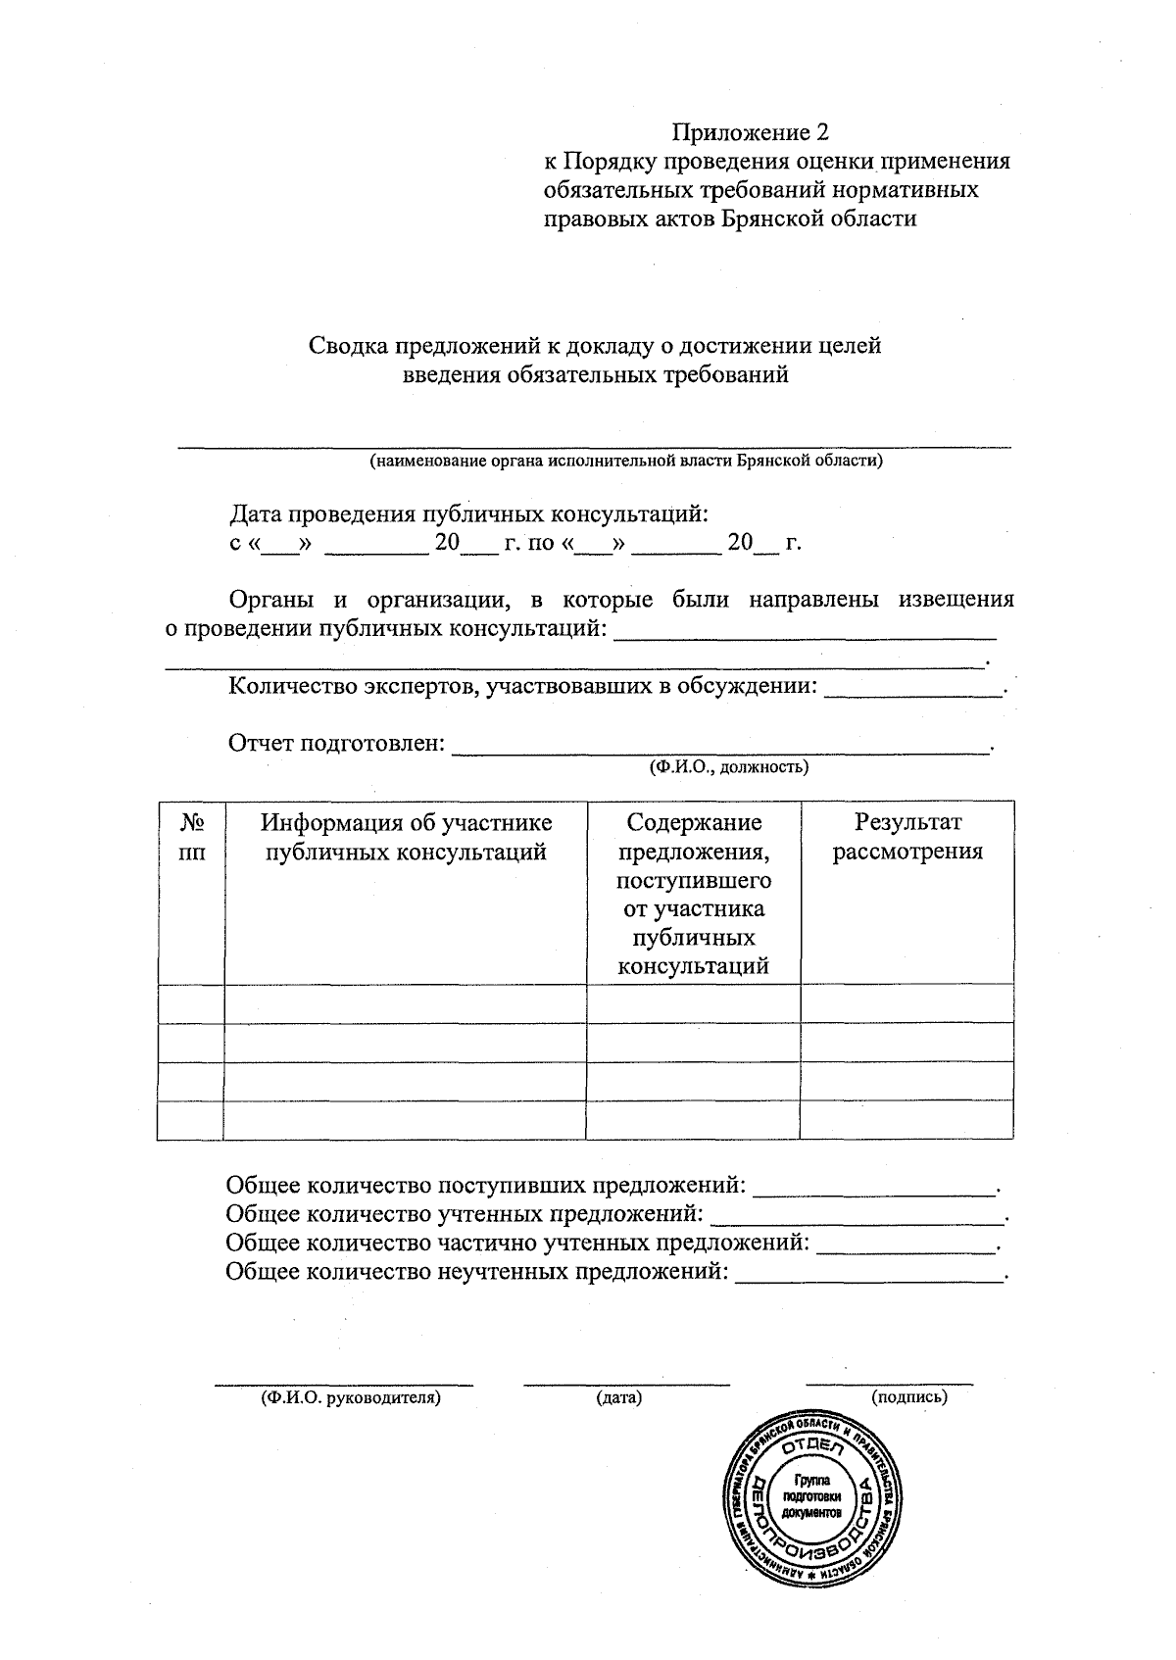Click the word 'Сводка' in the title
pyautogui.click(x=349, y=346)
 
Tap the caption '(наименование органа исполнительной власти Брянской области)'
pyautogui.click(x=625, y=462)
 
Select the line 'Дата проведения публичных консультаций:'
pyautogui.click(x=468, y=513)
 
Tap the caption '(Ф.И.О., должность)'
pyautogui.click(x=729, y=767)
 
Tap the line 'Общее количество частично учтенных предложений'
pyautogui.click(x=517, y=1244)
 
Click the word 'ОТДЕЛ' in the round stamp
pyautogui.click(x=811, y=1448)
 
